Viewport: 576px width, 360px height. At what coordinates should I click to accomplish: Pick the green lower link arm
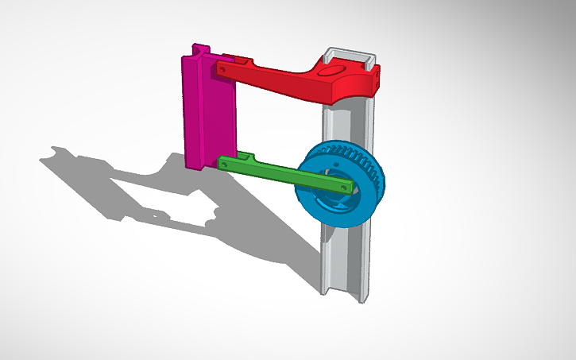(270, 171)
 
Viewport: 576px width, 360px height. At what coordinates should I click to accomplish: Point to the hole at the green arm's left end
(225, 163)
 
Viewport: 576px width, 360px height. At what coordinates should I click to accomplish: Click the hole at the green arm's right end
(344, 186)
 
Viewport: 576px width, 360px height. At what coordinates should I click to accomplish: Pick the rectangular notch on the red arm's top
(239, 59)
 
